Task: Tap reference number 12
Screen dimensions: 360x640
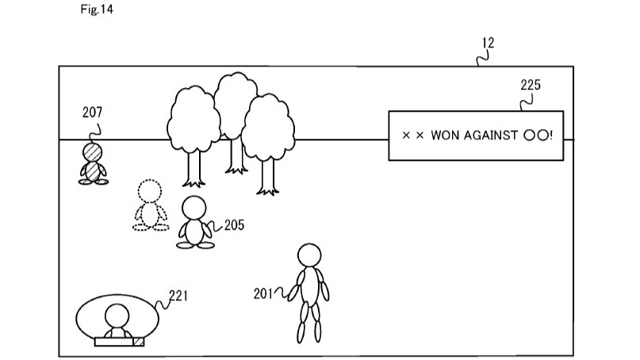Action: click(x=488, y=44)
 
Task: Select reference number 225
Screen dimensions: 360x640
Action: click(x=530, y=86)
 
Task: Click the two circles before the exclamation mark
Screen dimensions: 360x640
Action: click(x=535, y=136)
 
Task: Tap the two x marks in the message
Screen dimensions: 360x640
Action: click(x=413, y=136)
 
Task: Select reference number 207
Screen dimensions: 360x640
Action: click(x=93, y=112)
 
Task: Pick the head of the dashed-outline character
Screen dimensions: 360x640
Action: click(x=149, y=192)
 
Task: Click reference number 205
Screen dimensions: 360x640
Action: click(x=234, y=225)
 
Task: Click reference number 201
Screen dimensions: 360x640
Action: click(x=264, y=293)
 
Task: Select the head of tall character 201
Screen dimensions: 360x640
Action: click(x=309, y=255)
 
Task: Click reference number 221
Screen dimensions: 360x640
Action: click(x=178, y=297)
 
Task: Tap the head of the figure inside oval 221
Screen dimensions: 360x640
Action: click(x=117, y=314)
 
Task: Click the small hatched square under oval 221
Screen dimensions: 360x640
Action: click(x=139, y=341)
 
